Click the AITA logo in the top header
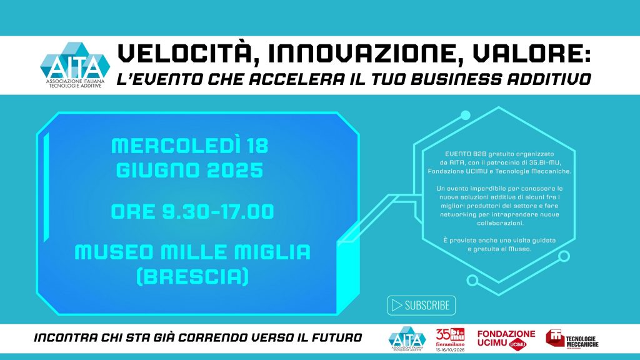click(x=75, y=65)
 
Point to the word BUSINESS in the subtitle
click(x=456, y=79)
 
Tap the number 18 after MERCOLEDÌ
click(x=257, y=146)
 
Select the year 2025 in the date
click(x=235, y=170)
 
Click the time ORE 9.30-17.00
click(x=192, y=211)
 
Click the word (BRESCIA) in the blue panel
click(x=192, y=277)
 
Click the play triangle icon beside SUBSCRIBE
click(x=396, y=305)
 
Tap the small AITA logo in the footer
click(x=407, y=339)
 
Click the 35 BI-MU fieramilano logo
click(x=450, y=339)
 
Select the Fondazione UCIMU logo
click(x=506, y=339)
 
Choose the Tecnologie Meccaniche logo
click(x=572, y=339)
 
